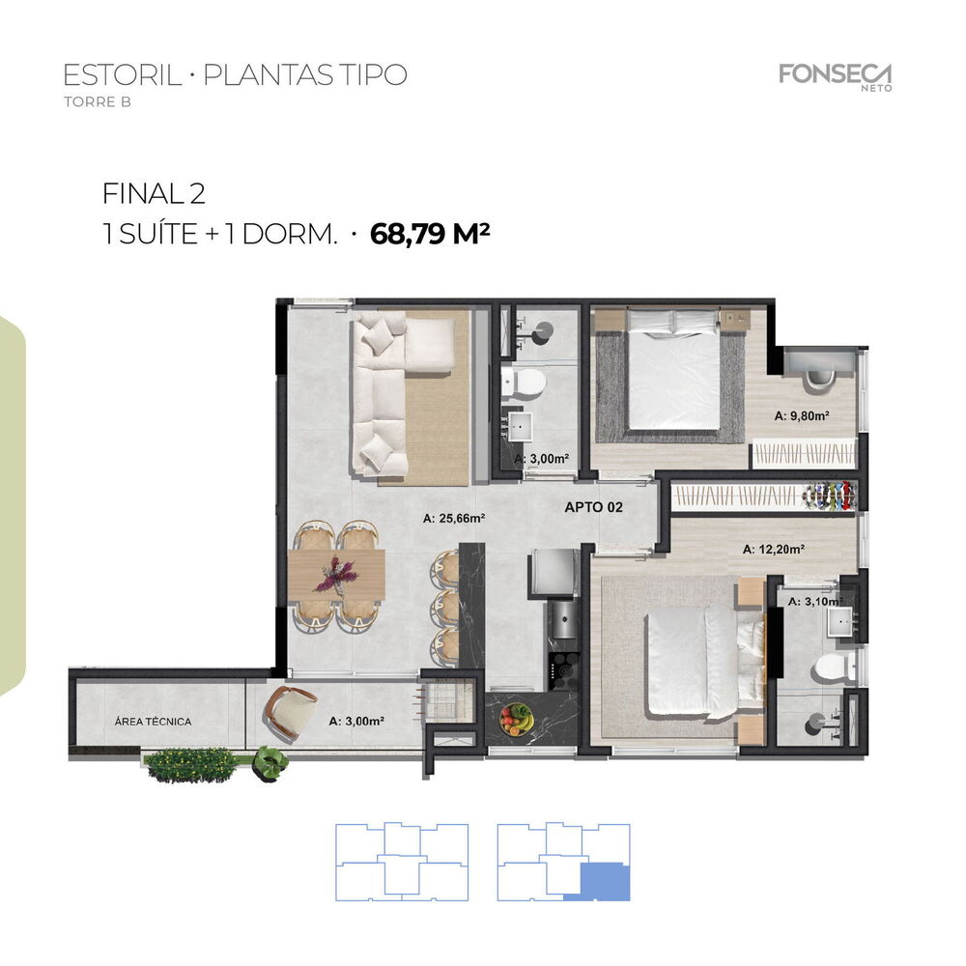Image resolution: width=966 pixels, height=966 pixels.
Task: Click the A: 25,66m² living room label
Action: coord(453,519)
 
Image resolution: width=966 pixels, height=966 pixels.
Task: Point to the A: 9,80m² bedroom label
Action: coord(803,417)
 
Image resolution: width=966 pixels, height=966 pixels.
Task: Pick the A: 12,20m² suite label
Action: coord(774,550)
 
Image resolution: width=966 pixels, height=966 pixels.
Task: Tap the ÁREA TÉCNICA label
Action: coord(153,722)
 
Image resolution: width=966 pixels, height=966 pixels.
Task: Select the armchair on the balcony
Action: coord(287,713)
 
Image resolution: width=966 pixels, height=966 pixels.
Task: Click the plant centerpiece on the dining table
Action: coord(336,575)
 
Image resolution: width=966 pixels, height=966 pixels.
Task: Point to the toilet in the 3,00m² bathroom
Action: coord(526,384)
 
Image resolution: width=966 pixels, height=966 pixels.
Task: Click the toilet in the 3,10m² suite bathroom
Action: coord(829,666)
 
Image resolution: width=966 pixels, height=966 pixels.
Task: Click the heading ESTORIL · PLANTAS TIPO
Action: coord(235,75)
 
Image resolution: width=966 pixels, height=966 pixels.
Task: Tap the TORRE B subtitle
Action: coord(97,103)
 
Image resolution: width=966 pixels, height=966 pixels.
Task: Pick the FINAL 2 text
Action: coord(154,194)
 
